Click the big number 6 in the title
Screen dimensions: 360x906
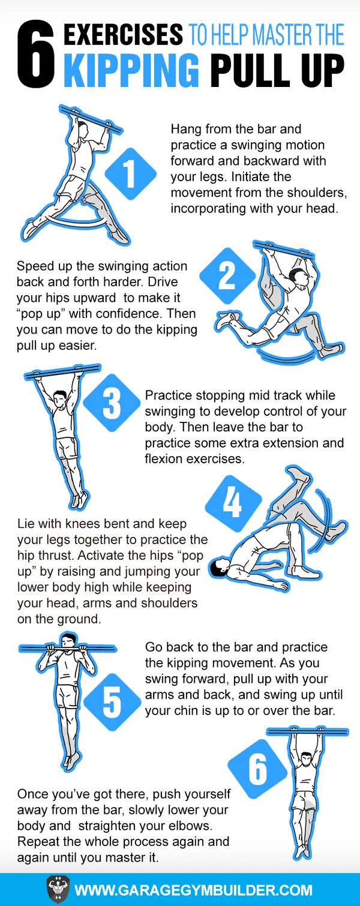[35, 55]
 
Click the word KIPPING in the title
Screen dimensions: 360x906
[131, 70]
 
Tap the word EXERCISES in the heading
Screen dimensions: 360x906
[123, 34]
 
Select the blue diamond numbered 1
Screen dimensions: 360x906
[130, 173]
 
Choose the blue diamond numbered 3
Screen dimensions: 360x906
[112, 402]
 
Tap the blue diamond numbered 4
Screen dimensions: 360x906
[233, 503]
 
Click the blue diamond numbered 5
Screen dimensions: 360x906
[112, 702]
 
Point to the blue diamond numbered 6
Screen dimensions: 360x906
[257, 768]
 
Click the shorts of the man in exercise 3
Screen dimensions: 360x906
[67, 449]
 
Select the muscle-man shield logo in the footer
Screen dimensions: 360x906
[58, 889]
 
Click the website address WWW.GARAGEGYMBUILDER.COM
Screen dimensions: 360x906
[194, 890]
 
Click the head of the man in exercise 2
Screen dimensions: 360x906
[299, 278]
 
